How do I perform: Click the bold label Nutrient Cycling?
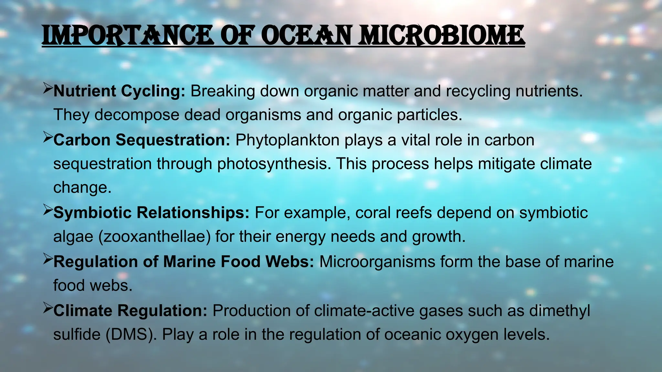pyautogui.click(x=119, y=91)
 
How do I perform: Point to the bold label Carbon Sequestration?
pyautogui.click(x=142, y=140)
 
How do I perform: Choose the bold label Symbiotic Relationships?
pyautogui.click(x=151, y=213)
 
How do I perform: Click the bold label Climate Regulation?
pyautogui.click(x=130, y=311)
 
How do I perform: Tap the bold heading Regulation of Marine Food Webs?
pyautogui.click(x=184, y=262)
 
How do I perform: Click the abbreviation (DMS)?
pyautogui.click(x=131, y=335)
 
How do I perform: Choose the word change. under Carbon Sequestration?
pyautogui.click(x=82, y=188)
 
